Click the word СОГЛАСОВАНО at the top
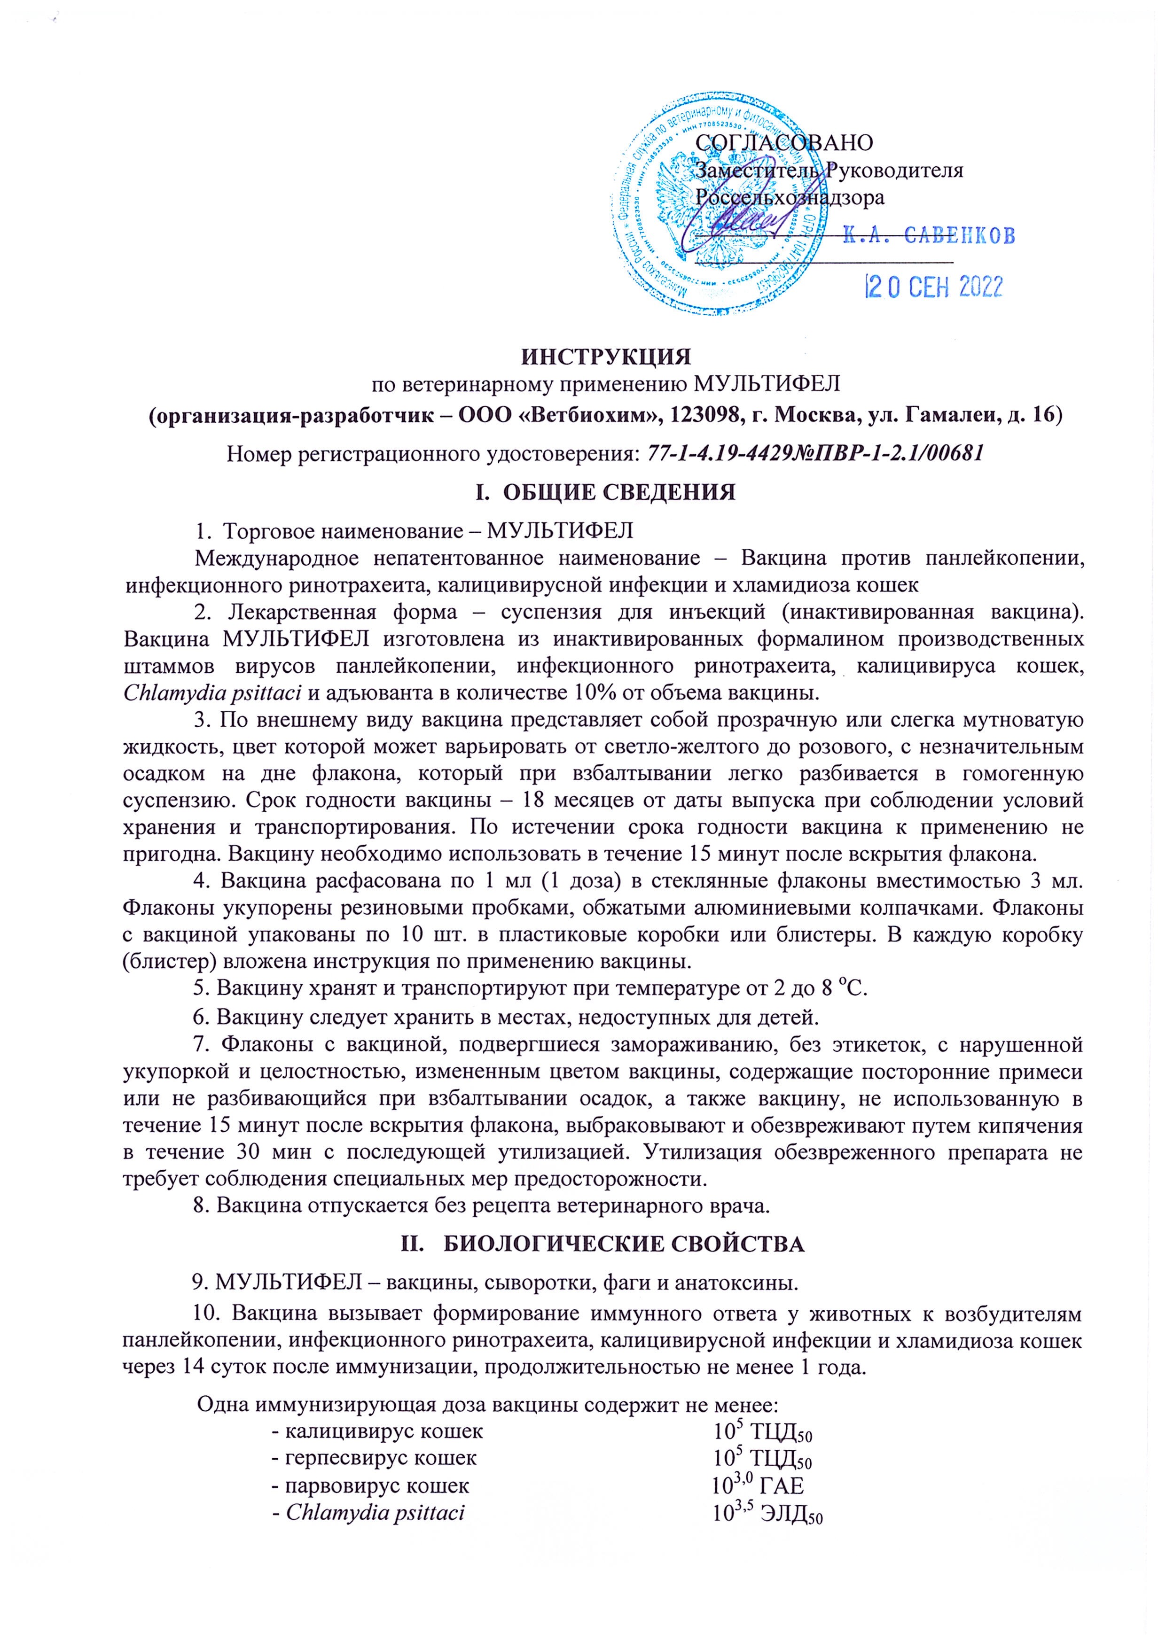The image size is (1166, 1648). click(784, 142)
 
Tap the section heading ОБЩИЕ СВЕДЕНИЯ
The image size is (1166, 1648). click(619, 492)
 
